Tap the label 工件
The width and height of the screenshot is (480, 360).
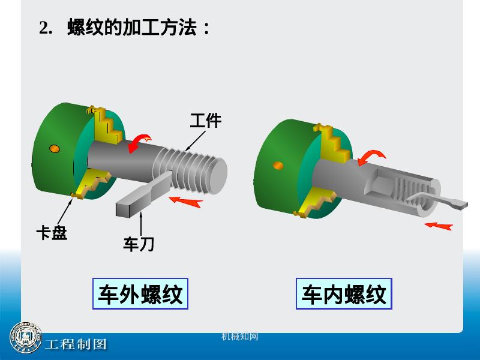tap(206, 121)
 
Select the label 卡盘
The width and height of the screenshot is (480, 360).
tap(52, 233)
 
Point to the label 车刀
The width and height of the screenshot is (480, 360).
tap(139, 244)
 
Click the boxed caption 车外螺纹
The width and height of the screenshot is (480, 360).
tap(140, 294)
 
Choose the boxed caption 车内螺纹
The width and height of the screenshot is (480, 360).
tap(344, 294)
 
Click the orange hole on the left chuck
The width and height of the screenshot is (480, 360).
tap(55, 148)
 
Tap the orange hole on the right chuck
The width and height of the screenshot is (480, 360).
tap(278, 165)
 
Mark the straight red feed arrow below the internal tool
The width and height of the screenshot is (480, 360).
tap(438, 225)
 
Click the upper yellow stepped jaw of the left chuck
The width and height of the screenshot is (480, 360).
tap(106, 127)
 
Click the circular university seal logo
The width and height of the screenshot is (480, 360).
tap(25, 340)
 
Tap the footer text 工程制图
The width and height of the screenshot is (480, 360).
tap(76, 344)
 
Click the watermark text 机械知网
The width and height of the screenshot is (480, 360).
tap(240, 337)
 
